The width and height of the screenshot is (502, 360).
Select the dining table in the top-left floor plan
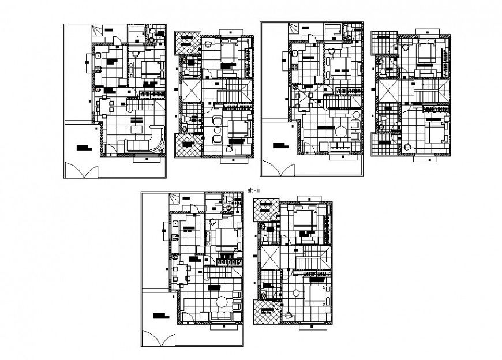pos(106,107)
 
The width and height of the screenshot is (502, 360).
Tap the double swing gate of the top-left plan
pos(81,171)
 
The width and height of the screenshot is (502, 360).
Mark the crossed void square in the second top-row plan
pos(190,91)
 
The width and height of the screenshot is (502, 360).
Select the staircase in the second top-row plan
pos(234,91)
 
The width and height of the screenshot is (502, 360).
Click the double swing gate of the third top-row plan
pos(280,169)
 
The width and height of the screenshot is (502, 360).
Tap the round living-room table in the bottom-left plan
pos(221,302)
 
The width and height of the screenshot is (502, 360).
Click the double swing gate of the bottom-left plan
pos(158,339)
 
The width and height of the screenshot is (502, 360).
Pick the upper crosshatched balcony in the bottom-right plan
pos(267,209)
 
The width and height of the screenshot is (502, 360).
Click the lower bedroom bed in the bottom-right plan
pos(316,295)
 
